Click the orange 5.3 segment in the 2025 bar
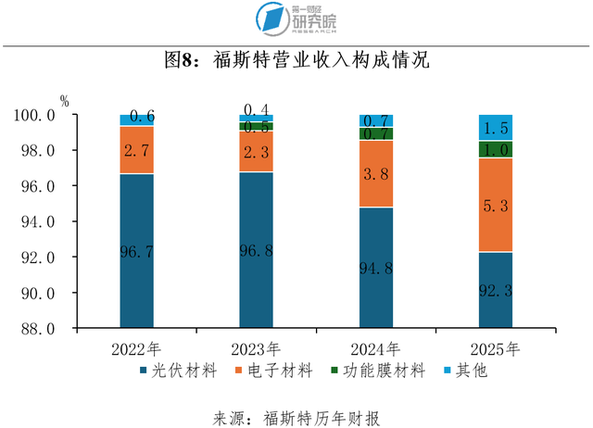point(496,205)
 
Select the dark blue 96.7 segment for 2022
point(136,251)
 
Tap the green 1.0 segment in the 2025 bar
point(496,149)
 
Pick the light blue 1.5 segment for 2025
point(496,128)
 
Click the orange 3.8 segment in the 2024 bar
point(376,173)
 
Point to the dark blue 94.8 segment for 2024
point(376,268)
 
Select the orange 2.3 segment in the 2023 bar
point(256,151)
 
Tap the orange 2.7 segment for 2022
point(136,150)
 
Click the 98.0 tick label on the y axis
point(38,150)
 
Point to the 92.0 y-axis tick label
point(38,258)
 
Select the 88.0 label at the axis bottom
point(38,329)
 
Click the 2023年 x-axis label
point(256,349)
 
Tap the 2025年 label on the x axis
point(495,349)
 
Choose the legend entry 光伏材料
point(178,371)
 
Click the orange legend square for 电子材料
point(238,371)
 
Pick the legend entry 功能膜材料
point(378,371)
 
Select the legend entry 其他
point(465,371)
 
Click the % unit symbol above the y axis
point(65,101)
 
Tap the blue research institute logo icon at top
point(273,19)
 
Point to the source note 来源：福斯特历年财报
point(296,419)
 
